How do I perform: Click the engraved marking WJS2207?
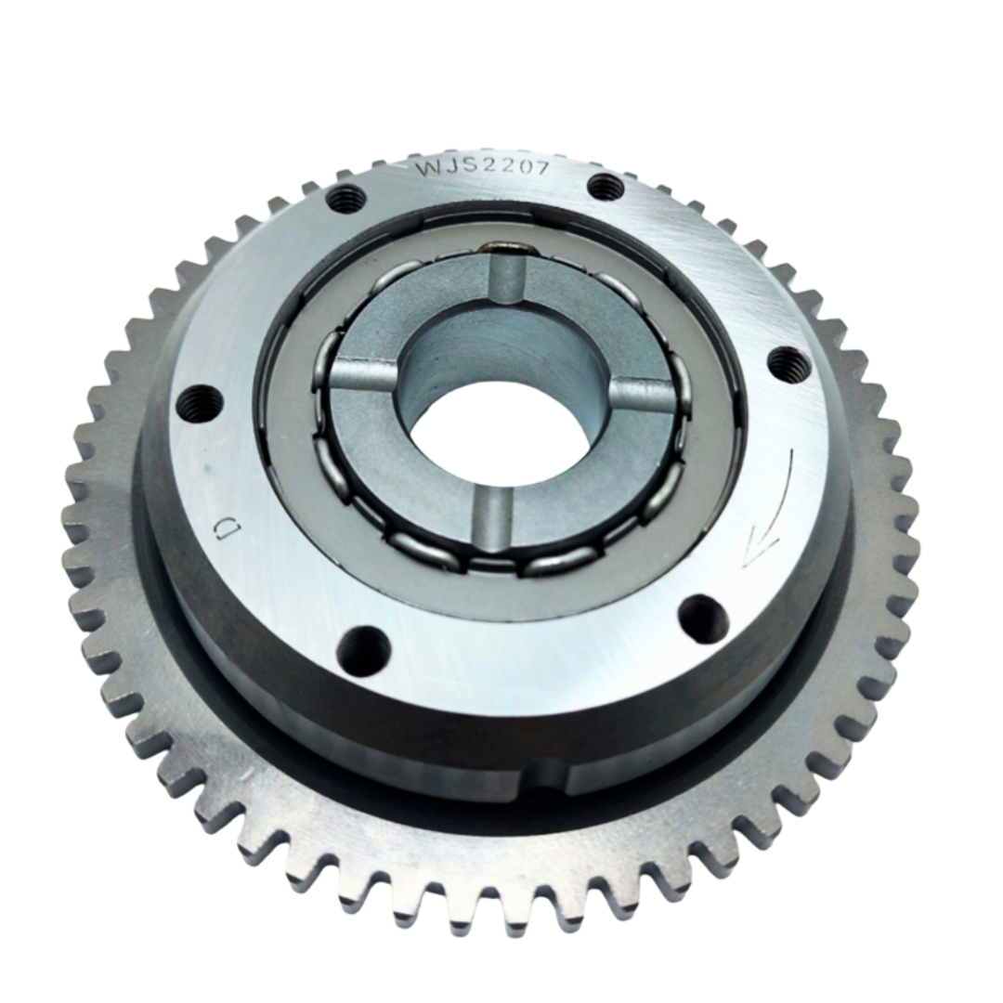point(482,168)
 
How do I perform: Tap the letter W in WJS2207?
point(428,169)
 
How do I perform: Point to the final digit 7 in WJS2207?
point(541,168)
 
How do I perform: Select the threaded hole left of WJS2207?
point(346,198)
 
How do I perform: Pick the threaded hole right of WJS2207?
point(606,188)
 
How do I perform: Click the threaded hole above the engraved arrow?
point(789,364)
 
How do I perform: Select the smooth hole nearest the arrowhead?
point(703,619)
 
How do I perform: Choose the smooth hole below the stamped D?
point(363,651)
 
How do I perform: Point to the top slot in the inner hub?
point(506,279)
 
